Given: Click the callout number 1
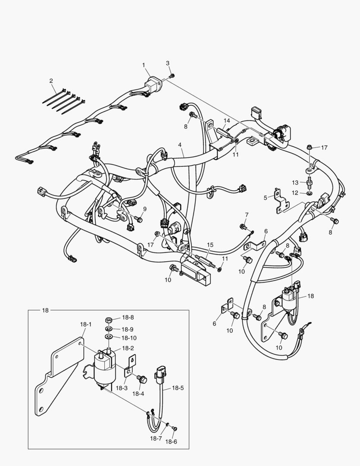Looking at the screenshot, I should tap(144, 65).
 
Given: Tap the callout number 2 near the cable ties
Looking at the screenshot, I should tap(51, 81).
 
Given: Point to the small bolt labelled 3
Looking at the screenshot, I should tap(172, 76).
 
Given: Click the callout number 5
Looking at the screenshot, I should tap(266, 197).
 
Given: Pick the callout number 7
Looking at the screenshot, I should tap(247, 215).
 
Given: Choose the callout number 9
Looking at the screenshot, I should tap(145, 209).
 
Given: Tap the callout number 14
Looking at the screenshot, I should tap(227, 120).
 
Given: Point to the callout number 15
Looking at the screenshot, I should tap(210, 245).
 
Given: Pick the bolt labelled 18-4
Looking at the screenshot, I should tap(141, 379).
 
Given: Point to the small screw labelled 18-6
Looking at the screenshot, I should tap(174, 428).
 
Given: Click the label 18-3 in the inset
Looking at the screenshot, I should tap(122, 388).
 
